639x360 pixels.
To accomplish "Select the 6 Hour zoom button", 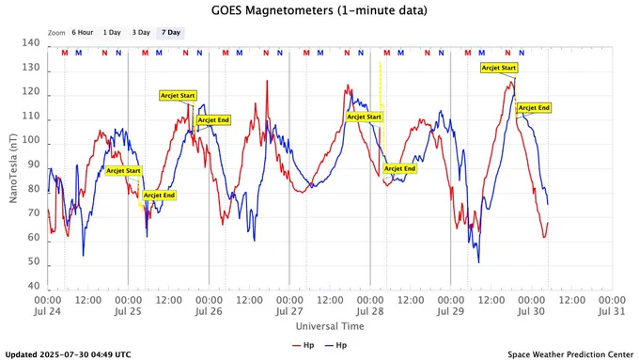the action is pos(83,33).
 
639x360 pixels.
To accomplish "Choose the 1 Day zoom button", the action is pos(112,33).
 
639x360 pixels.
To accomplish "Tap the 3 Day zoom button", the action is pos(141,33).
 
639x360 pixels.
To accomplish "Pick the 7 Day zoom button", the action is pos(171,33).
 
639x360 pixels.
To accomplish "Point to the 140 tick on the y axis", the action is pos(31,43).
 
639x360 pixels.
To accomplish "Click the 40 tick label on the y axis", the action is pos(34,286).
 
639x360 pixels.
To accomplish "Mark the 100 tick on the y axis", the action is pos(31,140).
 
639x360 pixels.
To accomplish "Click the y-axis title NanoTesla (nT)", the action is pos(13,168).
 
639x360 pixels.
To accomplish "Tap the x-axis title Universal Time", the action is pos(330,326).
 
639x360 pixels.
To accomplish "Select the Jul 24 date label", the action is pos(47,311).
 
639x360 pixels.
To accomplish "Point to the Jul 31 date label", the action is pos(612,311).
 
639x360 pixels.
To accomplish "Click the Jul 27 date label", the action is pos(289,311).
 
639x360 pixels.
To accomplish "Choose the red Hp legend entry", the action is pos(304,345).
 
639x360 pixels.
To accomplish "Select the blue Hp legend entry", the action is pos(335,345).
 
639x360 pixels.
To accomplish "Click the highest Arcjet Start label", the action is pos(499,68).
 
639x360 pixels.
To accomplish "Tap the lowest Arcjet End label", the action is pos(159,196).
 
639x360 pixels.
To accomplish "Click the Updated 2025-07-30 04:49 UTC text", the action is pos(68,354).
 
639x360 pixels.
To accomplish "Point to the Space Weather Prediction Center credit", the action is pos(570,354).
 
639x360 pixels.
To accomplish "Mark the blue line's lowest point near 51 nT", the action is pos(478,262).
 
